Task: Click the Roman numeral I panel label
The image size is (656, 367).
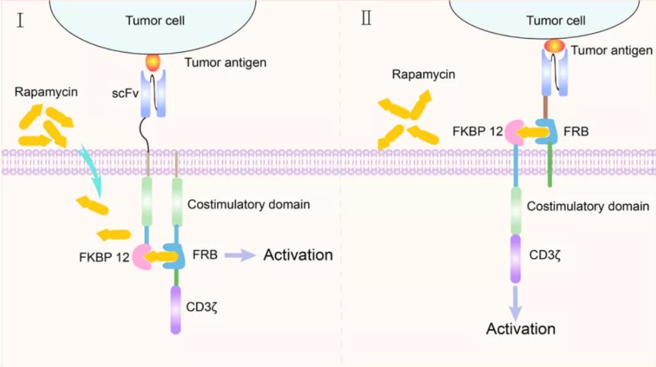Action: [x=21, y=23]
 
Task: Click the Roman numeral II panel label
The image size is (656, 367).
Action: [x=366, y=19]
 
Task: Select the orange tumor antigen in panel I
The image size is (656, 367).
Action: [x=153, y=62]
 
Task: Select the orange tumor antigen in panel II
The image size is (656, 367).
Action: [x=555, y=46]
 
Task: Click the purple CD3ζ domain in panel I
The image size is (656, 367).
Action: [x=176, y=310]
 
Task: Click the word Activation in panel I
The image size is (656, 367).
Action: [x=298, y=255]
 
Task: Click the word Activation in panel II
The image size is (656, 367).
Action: [x=520, y=329]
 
